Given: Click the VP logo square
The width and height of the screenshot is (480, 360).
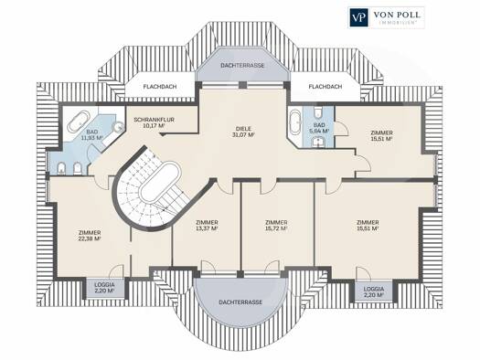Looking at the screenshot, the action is point(358,17).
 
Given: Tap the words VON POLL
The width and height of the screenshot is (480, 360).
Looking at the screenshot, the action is point(397,15).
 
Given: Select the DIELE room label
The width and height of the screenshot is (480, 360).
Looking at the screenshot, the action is point(243,129).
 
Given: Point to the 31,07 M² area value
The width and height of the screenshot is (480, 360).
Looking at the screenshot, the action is point(243,134).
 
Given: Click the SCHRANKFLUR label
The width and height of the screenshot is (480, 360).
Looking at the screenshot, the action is point(154,120).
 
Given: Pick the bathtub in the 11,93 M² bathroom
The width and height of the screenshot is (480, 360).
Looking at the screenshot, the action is point(79,122).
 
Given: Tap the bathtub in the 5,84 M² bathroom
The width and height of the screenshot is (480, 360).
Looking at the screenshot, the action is point(295,122).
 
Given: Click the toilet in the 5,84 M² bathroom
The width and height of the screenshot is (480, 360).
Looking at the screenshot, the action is point(318,112).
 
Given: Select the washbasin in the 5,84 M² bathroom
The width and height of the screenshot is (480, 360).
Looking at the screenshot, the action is point(318,142).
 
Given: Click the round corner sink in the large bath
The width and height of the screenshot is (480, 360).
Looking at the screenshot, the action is point(119,127).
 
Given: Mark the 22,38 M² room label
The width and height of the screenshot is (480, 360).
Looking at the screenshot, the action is point(90,236).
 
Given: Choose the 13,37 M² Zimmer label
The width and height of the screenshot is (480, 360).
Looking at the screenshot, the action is point(208,226).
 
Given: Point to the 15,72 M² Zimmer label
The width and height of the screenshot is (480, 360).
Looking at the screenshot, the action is point(276,226).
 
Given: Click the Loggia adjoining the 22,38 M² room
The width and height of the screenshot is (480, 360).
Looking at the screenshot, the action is point(104,288).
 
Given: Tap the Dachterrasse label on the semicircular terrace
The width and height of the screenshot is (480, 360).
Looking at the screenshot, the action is point(240,302).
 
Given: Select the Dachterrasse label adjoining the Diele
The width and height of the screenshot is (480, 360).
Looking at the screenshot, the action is point(242,66).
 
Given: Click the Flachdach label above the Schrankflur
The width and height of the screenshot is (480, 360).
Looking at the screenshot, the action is point(160,87).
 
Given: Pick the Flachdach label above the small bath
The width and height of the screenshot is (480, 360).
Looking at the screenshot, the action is point(325,87).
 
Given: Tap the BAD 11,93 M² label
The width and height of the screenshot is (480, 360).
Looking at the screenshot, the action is point(91,134).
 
